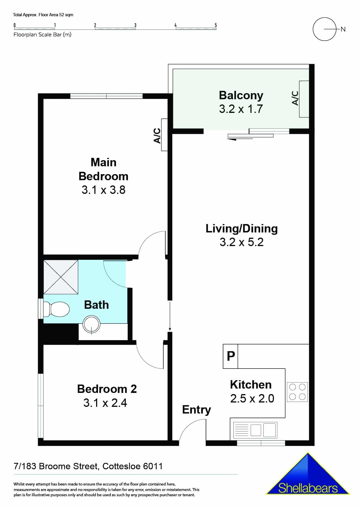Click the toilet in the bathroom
click(57, 309)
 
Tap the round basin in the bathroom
click(91, 324)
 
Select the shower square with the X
click(61, 277)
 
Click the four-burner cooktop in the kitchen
click(297, 392)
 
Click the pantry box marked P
click(231, 356)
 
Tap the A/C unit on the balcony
click(304, 99)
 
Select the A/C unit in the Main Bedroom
click(164, 135)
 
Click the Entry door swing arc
click(190, 431)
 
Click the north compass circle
click(324, 29)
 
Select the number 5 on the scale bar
click(216, 25)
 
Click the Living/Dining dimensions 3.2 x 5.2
click(241, 242)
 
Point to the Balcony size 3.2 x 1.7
click(241, 109)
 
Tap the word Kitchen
click(251, 385)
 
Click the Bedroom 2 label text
click(107, 389)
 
